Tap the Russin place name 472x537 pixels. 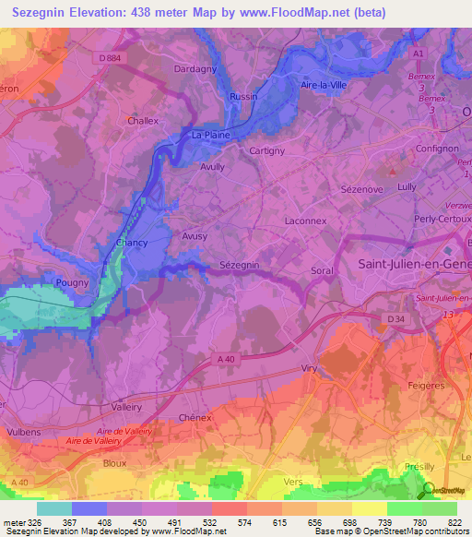coord(243,96)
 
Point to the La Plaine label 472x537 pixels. coord(208,135)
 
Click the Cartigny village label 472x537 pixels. coord(267,150)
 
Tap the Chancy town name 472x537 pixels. coord(133,243)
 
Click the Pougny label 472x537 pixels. coord(73,283)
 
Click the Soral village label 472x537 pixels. coord(322,271)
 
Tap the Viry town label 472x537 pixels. coord(309,368)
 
